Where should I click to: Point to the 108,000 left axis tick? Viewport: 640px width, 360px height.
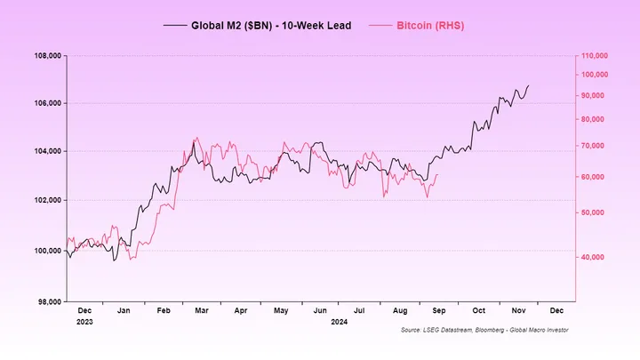(45, 55)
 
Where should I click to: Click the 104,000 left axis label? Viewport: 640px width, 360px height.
(45, 151)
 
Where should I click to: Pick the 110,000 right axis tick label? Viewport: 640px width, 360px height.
(594, 55)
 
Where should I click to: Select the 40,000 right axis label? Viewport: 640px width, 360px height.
(592, 257)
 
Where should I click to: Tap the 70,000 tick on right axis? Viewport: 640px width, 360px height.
(592, 145)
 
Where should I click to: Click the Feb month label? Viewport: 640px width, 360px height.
(164, 311)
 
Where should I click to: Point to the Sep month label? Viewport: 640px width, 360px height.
(439, 311)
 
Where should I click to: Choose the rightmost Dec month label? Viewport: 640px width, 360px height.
(556, 311)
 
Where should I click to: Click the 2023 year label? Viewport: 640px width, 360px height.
(85, 322)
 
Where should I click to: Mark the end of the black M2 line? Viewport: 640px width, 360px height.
(528, 86)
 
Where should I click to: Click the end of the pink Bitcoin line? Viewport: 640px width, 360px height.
(437, 175)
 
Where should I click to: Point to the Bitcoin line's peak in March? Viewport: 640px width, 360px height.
(196, 138)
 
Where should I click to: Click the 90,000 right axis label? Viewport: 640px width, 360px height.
(592, 95)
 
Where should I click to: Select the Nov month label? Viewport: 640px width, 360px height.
(516, 311)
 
